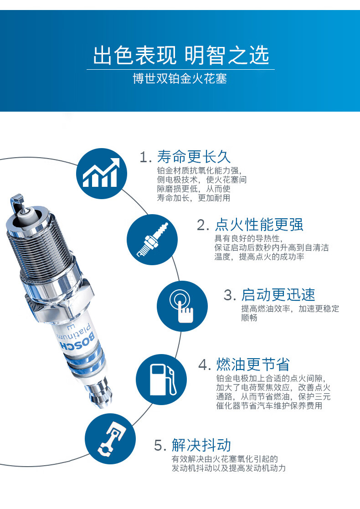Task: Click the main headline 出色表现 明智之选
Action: pyautogui.click(x=181, y=55)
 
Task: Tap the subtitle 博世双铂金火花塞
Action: pyautogui.click(x=180, y=78)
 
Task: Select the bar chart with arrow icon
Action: pyautogui.click(x=102, y=173)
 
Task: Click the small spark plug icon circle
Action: pyautogui.click(x=152, y=240)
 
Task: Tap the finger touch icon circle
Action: pyautogui.click(x=182, y=306)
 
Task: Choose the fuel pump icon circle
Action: pyautogui.click(x=161, y=380)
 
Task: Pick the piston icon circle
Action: pyautogui.click(x=110, y=438)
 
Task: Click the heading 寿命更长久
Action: pyautogui.click(x=194, y=157)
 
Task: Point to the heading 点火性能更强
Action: pyautogui.click(x=259, y=225)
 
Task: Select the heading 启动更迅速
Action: pyautogui.click(x=278, y=295)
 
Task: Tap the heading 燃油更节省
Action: pyautogui.click(x=253, y=364)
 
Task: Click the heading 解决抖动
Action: pyautogui.click(x=201, y=445)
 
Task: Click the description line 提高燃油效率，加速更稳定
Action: pyautogui.click(x=290, y=308)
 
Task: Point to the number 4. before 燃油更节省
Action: pyautogui.click(x=205, y=365)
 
